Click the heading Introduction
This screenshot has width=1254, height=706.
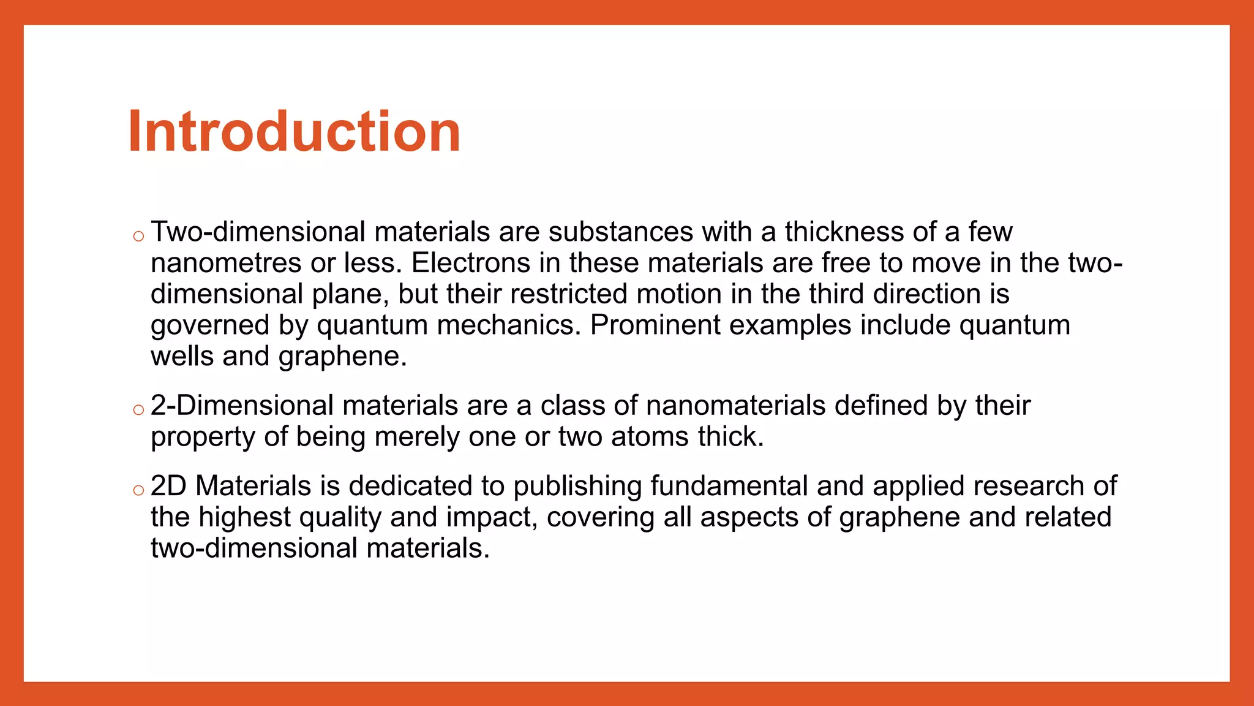coord(294,131)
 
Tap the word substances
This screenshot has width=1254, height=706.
coord(620,232)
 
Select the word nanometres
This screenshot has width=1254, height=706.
coord(226,264)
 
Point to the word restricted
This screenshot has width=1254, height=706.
coord(569,294)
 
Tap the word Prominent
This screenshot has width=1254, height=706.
coord(655,325)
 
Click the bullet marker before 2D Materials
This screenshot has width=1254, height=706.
coord(138,490)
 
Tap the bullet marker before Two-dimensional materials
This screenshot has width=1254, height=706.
coord(138,236)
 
